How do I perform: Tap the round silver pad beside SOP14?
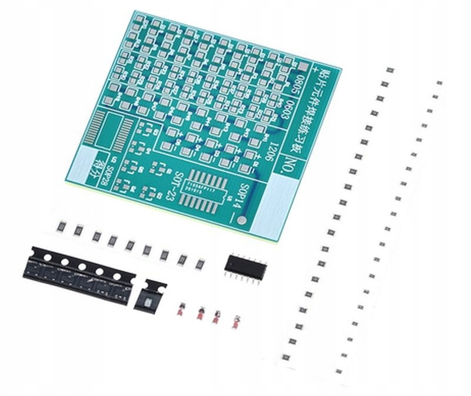pyautogui.click(x=243, y=220)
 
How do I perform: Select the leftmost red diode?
pyautogui.click(x=183, y=310)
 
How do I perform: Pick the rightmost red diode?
pyautogui.click(x=235, y=321)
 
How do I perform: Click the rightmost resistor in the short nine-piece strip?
pyautogui.click(x=200, y=262)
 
